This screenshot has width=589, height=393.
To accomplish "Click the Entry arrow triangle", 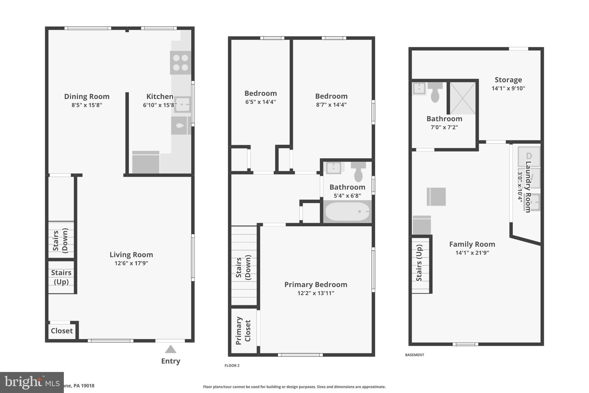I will pos(171,350).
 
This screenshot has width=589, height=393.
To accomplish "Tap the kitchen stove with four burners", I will pos(180,63).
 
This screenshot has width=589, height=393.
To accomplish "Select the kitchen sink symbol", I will pos(182,104).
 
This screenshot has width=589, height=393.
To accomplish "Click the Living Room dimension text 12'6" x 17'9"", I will pos(131,263).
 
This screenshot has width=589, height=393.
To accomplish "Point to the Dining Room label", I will pos(87,96).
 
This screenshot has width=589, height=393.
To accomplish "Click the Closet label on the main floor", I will pos(62,331).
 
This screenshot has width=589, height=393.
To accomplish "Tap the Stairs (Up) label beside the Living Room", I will pos(61,277).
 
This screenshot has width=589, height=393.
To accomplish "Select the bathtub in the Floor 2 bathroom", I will pos(347,212).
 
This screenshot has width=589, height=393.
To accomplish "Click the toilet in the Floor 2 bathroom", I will pos(358,172).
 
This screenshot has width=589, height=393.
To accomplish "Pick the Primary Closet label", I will pos(243,331).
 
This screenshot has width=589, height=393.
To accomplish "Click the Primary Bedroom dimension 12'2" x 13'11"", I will pos(315,293).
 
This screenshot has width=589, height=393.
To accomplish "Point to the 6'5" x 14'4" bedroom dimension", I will pos(260,102).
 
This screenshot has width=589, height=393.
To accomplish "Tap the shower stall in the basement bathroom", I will pos(462,98).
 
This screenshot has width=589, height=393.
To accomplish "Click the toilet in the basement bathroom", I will pos(435,92).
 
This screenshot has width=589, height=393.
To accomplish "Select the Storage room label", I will pos(508,80).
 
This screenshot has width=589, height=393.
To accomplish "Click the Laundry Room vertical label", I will pos(528,187).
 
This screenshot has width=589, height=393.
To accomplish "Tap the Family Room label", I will pos(472,244).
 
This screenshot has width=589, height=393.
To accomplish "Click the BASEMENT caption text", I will pos(414,355).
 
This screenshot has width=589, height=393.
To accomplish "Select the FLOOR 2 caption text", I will pos(232,365).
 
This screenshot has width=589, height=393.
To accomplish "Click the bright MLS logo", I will pos(32,382).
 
